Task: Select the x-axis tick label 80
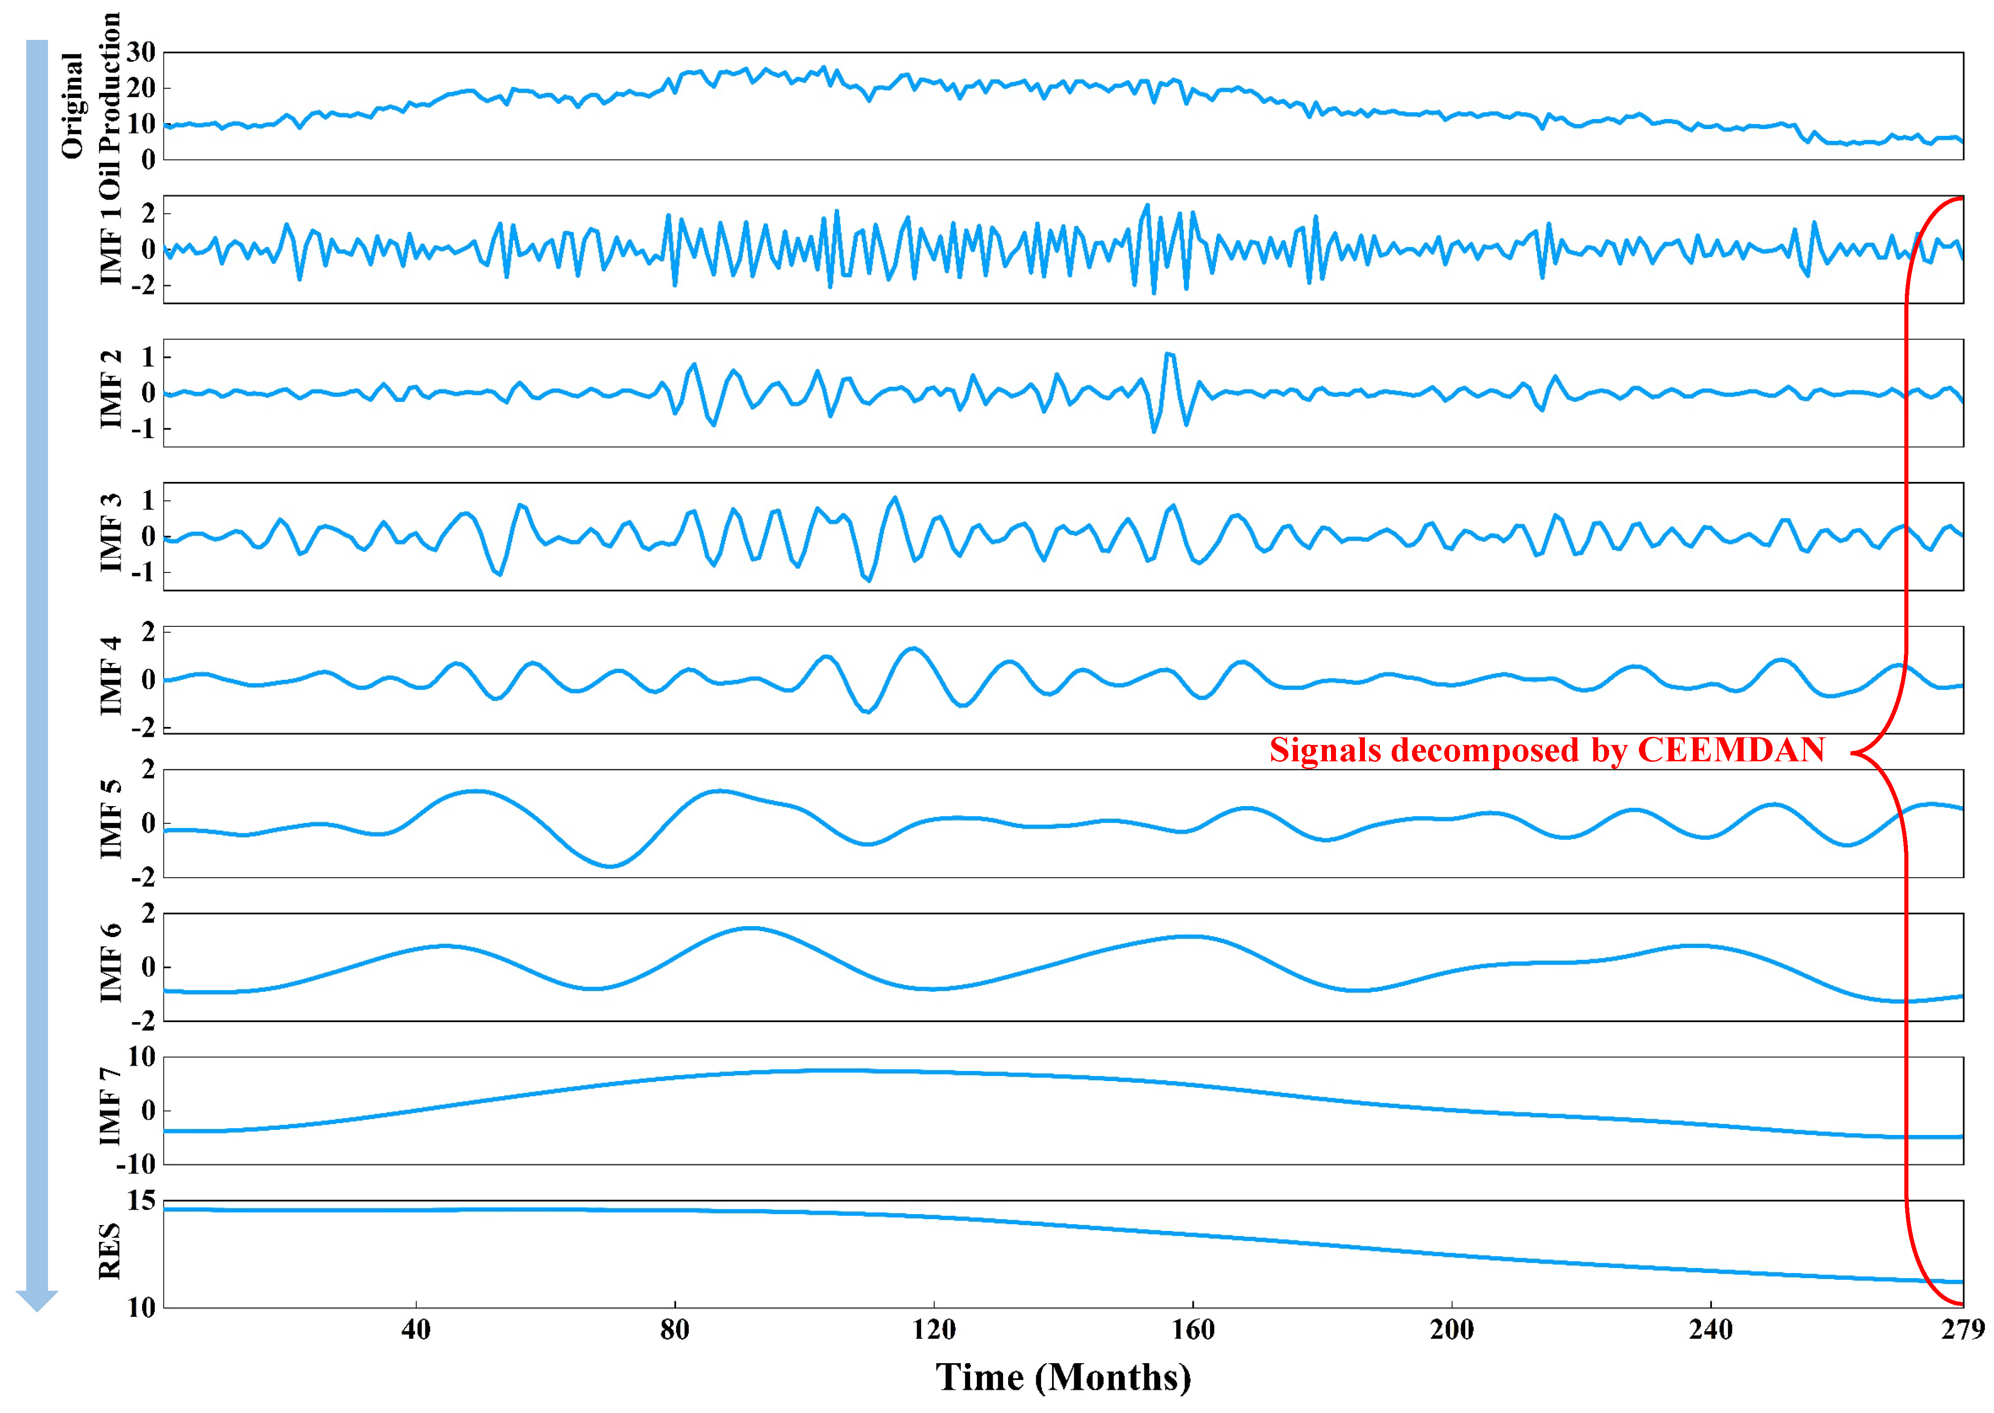click(674, 1330)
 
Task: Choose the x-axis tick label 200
click(1451, 1330)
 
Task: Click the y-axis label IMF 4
click(111, 676)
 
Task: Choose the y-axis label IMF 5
click(111, 820)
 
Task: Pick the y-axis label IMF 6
click(111, 963)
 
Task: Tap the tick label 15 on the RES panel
click(141, 1202)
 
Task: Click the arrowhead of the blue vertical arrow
click(37, 1301)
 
